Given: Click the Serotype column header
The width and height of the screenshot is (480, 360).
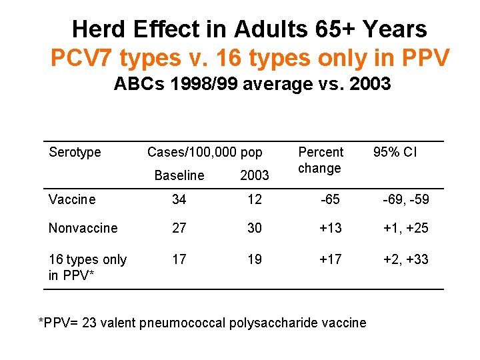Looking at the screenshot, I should click(x=75, y=152).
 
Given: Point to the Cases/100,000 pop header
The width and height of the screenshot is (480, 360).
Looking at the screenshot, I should click(x=205, y=152).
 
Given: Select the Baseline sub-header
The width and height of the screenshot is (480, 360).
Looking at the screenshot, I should click(x=179, y=175).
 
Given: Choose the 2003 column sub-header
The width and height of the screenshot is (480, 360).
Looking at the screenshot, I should click(x=254, y=175).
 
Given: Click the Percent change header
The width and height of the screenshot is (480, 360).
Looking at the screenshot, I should click(x=321, y=160).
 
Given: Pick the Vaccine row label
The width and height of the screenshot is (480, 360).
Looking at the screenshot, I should click(x=72, y=199).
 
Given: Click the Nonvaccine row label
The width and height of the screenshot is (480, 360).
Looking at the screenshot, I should click(x=83, y=228).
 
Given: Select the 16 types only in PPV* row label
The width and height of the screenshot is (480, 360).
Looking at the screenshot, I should click(x=87, y=267).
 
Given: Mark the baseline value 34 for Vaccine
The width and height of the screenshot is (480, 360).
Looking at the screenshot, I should click(x=179, y=199).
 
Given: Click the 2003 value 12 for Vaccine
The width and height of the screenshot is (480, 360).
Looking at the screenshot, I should click(x=254, y=199).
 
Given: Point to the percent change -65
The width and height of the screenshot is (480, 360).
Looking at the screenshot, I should click(x=329, y=199).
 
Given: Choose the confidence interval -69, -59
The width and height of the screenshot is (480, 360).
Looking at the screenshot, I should click(x=405, y=199).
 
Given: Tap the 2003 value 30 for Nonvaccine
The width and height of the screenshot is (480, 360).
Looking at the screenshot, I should click(x=254, y=228).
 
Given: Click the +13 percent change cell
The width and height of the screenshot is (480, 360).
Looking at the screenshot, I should click(x=331, y=228).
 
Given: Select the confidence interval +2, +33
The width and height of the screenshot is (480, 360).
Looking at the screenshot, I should click(x=405, y=259).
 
